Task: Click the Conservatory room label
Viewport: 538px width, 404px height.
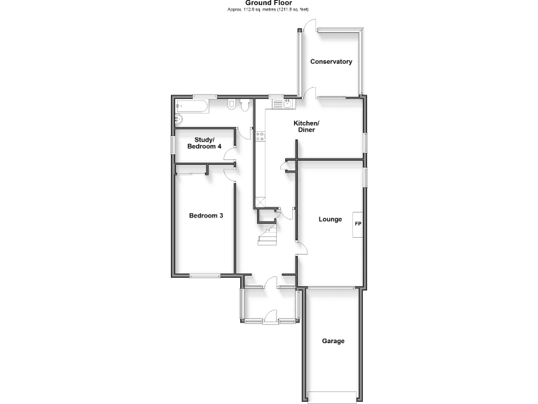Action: click(331, 62)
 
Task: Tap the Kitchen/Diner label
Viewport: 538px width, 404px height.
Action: click(305, 127)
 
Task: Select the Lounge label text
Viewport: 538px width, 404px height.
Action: click(330, 220)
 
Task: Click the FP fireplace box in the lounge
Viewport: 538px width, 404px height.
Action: click(357, 224)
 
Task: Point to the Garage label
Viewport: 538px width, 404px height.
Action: click(333, 342)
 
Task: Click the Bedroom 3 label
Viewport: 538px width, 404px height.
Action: click(206, 215)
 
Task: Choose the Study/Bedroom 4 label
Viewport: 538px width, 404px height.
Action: click(204, 143)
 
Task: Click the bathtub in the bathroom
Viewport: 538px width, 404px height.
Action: click(191, 107)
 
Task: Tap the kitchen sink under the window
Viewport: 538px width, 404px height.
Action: click(282, 104)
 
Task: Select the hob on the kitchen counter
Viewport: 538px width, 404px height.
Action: click(258, 137)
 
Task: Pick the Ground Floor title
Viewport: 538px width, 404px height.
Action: click(268, 3)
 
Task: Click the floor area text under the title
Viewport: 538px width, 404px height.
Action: click(268, 9)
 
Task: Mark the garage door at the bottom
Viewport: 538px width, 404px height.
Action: click(333, 393)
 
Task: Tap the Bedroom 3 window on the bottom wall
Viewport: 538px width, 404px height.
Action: click(204, 276)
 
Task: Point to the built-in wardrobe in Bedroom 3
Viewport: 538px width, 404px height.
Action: click(191, 168)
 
